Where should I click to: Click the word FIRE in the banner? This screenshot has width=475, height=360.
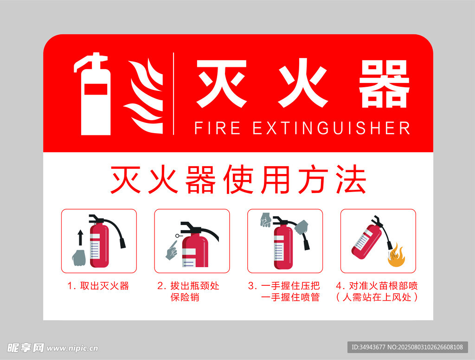[217, 128]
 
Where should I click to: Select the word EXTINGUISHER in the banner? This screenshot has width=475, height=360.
[331, 128]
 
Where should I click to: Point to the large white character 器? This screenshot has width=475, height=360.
[384, 84]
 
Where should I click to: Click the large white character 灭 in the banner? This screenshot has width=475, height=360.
[221, 84]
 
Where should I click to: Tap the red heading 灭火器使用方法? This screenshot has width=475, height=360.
[238, 180]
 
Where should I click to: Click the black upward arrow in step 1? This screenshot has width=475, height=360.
[80, 238]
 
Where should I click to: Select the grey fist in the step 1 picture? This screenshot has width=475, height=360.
[79, 258]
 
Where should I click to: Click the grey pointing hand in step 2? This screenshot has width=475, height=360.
[172, 251]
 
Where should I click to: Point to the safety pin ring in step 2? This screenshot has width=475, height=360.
[177, 236]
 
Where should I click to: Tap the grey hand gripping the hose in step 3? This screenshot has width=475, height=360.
[301, 227]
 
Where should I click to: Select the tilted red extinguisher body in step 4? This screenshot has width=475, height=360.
[367, 242]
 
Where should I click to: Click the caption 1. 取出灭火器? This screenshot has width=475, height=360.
[98, 286]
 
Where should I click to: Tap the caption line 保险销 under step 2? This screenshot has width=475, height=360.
[185, 297]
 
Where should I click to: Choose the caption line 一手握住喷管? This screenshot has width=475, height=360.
[290, 297]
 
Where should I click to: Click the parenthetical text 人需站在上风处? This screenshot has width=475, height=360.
[377, 297]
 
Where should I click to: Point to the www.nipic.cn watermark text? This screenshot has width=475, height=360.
[72, 348]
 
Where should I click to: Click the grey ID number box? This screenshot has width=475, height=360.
[407, 347]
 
